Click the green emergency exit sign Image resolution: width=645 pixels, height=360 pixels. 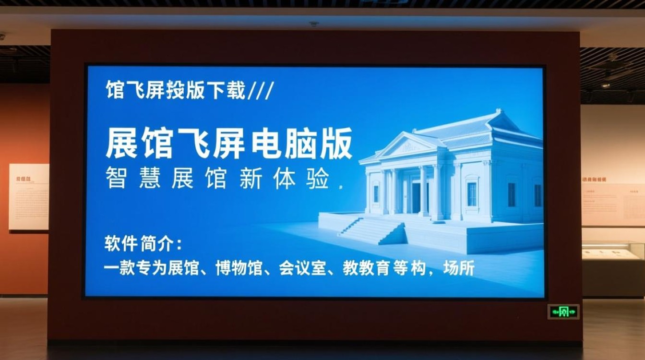coord(563,312)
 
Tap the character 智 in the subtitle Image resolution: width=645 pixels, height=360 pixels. coord(117,179)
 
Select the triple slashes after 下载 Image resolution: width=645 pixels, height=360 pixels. coord(261,90)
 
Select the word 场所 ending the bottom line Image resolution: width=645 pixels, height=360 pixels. coord(459,268)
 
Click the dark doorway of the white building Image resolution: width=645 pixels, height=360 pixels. coord(416,197)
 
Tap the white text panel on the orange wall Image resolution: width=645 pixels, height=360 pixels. coord(29,197)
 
